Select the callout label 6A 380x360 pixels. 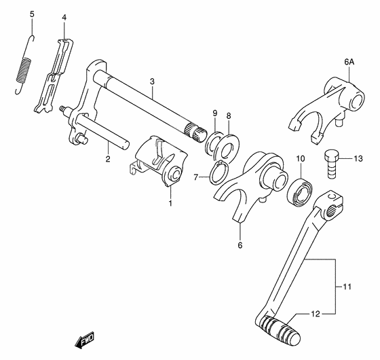pyautogui.click(x=349, y=62)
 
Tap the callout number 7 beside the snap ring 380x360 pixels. pyautogui.click(x=196, y=177)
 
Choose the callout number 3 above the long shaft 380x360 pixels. pyautogui.click(x=153, y=82)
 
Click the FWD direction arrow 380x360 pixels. pyautogui.click(x=84, y=338)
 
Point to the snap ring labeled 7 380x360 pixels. pyautogui.click(x=218, y=174)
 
